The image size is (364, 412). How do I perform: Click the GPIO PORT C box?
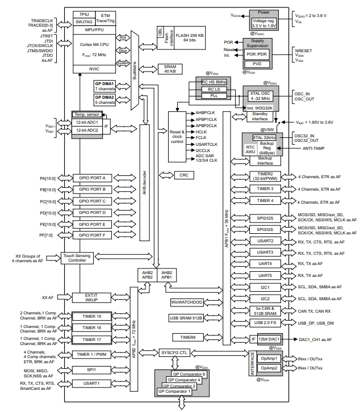pos(93,201)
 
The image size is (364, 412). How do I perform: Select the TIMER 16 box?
pos(92,327)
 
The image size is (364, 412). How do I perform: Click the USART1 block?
pos(92,384)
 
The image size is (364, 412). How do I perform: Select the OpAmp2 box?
pos(269,368)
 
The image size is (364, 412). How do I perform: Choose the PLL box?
pos(210,96)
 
